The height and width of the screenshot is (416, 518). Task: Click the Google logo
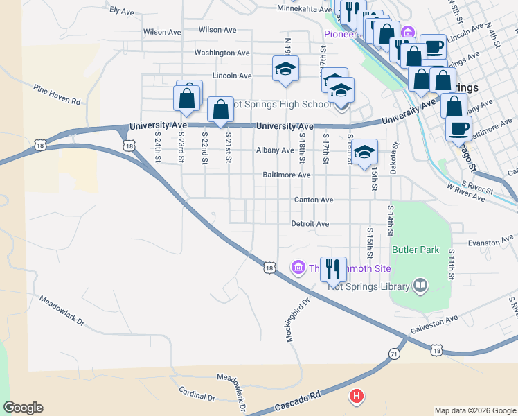click(x=23, y=408)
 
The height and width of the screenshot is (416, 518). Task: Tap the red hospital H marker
click(x=356, y=396)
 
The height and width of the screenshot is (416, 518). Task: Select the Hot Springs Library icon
click(x=420, y=284)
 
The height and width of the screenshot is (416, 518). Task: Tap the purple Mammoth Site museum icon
click(x=298, y=267)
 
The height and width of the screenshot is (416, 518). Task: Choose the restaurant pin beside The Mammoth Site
click(x=333, y=268)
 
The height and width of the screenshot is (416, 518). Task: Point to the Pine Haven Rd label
click(x=57, y=94)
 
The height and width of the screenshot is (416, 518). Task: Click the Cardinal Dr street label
click(x=197, y=394)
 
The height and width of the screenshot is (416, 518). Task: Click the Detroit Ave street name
click(x=310, y=224)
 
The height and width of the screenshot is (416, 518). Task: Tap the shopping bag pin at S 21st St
click(x=220, y=110)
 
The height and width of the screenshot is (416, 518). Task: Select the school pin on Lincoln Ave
click(x=285, y=69)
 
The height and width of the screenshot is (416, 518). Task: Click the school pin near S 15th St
click(x=364, y=153)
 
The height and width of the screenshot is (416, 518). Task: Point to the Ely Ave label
click(x=122, y=12)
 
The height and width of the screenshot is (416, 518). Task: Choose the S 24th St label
click(x=158, y=147)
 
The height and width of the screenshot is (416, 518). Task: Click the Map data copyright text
click(x=474, y=410)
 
